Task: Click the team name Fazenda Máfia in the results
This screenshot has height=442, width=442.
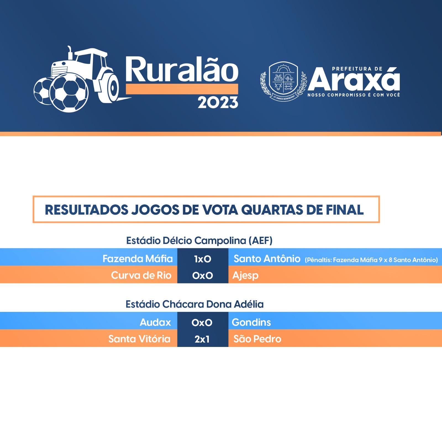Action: (x=138, y=259)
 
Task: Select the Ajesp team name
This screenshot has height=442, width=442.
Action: (x=246, y=276)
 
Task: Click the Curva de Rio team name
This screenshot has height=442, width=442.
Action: (x=141, y=275)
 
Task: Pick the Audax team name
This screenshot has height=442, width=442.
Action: (x=155, y=322)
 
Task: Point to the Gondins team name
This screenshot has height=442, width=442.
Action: (x=251, y=322)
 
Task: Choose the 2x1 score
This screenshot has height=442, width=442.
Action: (x=202, y=339)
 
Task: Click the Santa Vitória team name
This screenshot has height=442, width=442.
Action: (x=139, y=339)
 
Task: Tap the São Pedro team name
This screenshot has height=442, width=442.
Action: (x=257, y=339)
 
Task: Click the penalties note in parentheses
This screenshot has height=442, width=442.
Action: (x=371, y=260)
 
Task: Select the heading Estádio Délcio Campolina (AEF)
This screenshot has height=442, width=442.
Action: (x=199, y=241)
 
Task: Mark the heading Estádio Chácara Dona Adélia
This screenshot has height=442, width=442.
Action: (x=194, y=304)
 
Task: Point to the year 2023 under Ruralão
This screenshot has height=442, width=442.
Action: (x=218, y=102)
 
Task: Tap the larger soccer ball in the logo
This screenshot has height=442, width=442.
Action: (x=69, y=93)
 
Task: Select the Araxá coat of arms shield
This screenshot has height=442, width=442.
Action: (x=283, y=79)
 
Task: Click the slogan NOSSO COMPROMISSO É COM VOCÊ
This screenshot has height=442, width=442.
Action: (x=354, y=95)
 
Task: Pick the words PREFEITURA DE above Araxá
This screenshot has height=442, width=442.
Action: (x=357, y=69)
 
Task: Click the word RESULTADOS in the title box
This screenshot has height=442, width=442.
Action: (x=87, y=210)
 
